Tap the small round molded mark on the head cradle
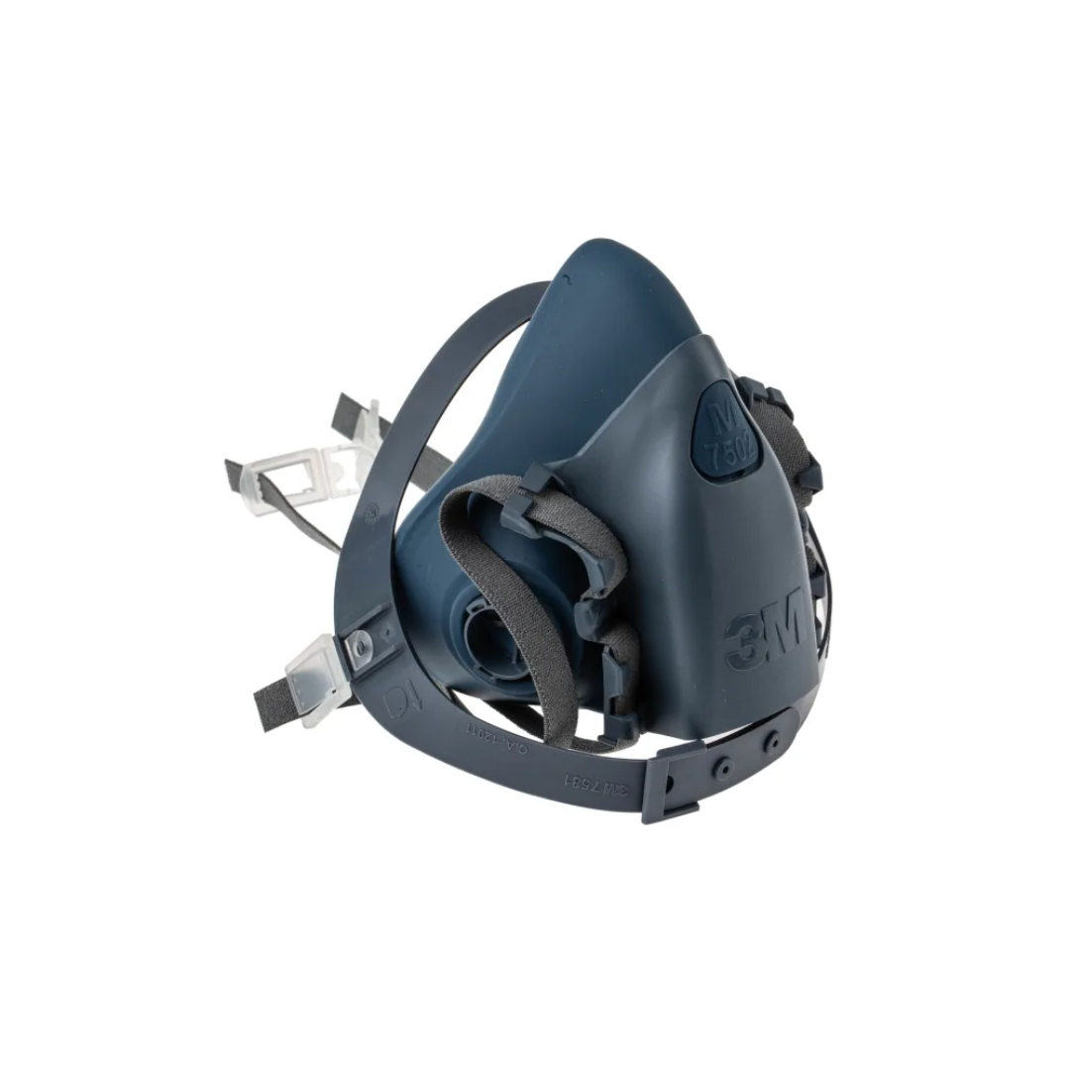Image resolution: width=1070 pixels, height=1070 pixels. (x=374, y=513)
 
